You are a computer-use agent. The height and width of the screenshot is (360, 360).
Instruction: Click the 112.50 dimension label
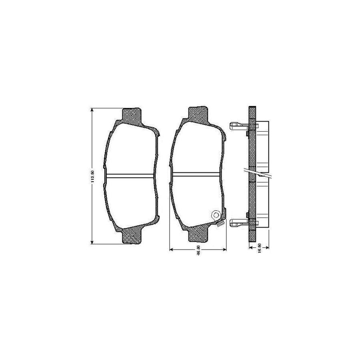[92, 176]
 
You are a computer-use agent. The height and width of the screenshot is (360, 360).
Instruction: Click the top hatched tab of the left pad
[132, 116]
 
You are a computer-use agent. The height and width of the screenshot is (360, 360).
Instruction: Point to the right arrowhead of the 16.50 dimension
[267, 248]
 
